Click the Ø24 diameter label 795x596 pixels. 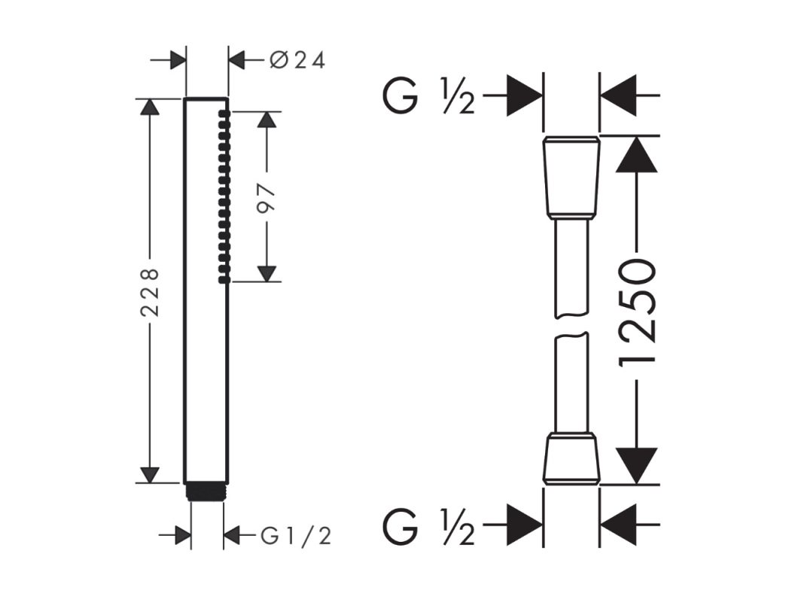click(297, 61)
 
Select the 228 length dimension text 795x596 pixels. click(150, 293)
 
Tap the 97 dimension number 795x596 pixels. click(267, 199)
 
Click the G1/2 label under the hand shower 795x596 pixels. click(296, 536)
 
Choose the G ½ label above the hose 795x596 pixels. click(429, 96)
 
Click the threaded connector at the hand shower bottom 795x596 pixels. click(206, 491)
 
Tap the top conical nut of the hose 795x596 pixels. click(571, 178)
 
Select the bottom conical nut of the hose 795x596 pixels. click(571, 458)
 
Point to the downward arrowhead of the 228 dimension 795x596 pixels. click(149, 475)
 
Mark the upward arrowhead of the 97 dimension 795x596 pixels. click(267, 120)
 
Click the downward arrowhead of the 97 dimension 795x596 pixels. click(267, 274)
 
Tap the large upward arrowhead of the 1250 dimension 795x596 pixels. click(636, 154)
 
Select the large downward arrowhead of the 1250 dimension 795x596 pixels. click(636, 466)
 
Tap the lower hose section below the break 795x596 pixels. click(571, 383)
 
